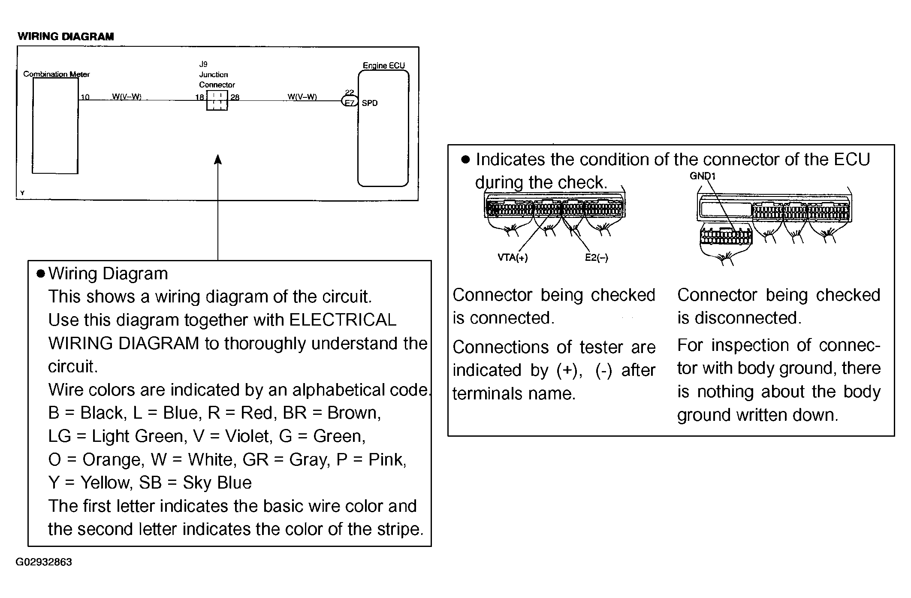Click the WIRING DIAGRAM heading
pos(66,36)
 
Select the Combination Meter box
pos(55,126)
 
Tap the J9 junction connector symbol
pos(217,100)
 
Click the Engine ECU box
pos(383,128)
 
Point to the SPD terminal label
pos(370,103)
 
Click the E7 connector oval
pos(350,102)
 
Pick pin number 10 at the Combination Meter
pos(85,97)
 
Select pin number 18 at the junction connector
pos(199,97)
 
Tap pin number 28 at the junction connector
pos(235,97)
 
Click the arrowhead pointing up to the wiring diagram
pos(218,160)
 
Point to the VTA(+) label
pos(513,257)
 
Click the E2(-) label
pos(597,257)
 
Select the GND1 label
pos(703,176)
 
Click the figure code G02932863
pos(44,562)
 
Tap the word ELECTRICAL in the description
pos(343,320)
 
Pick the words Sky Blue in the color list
pos(217,483)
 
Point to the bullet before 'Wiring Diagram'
pos(41,274)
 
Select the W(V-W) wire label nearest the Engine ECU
pos(302,97)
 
